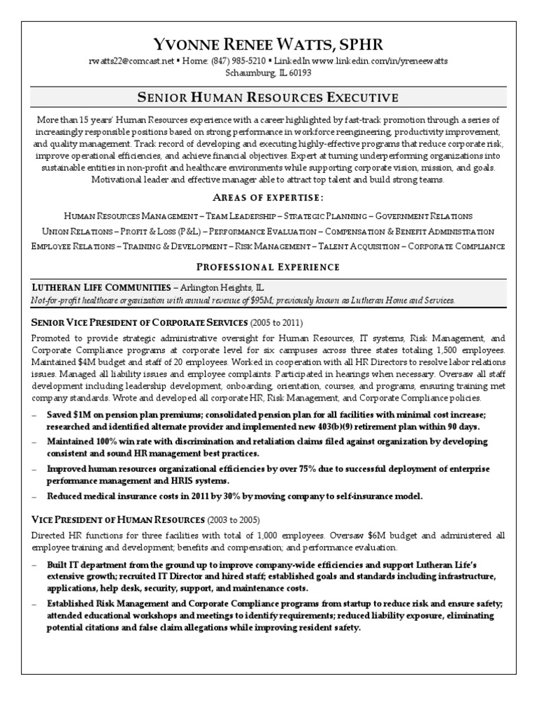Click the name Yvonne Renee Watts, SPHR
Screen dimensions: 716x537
click(268, 45)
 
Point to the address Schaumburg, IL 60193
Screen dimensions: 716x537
click(268, 73)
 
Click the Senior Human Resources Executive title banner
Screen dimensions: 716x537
click(268, 96)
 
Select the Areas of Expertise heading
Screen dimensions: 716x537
click(268, 197)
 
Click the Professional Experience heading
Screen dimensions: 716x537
click(268, 266)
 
